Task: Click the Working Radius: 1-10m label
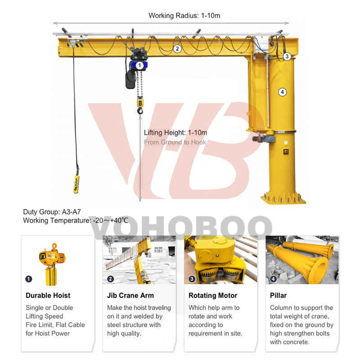[184, 16]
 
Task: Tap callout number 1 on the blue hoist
[139, 66]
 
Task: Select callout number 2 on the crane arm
[177, 49]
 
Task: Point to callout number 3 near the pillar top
[287, 56]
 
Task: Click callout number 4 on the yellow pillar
[282, 92]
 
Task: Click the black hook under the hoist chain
[140, 111]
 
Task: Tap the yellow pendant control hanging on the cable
[76, 184]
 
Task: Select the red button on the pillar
[286, 152]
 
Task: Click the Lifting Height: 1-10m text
[175, 132]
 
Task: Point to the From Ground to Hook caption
[175, 142]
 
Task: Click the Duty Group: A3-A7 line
[52, 211]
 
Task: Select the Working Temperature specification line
[76, 220]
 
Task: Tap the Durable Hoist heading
[48, 296]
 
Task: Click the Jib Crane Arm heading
[130, 296]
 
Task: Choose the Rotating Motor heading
[213, 296]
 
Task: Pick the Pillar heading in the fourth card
[278, 296]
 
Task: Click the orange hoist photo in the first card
[52, 264]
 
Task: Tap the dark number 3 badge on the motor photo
[192, 279]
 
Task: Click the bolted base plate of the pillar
[283, 199]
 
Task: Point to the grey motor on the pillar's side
[264, 138]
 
